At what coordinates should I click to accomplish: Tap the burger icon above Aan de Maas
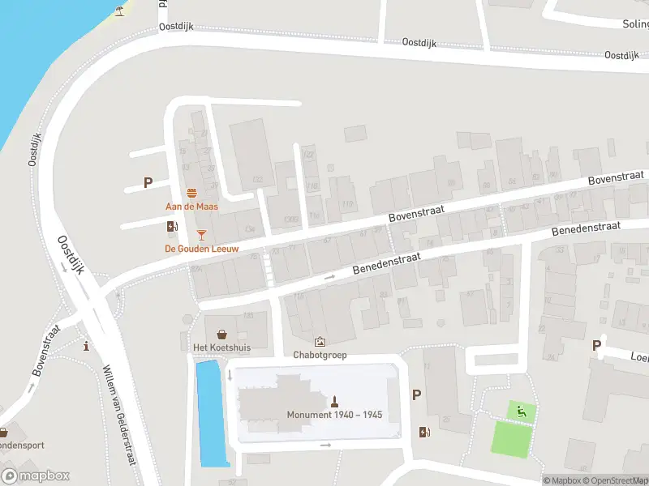click(192, 193)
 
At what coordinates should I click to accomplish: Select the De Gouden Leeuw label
click(202, 249)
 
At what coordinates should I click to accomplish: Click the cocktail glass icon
click(201, 235)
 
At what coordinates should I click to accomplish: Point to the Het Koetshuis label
click(221, 347)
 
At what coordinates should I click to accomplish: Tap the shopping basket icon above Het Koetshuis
click(221, 334)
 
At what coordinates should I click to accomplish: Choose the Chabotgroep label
click(320, 354)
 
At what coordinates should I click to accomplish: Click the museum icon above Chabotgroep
click(320, 342)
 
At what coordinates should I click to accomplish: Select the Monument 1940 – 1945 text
click(334, 415)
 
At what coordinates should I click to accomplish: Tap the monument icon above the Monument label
click(333, 401)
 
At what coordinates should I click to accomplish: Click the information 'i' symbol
click(87, 347)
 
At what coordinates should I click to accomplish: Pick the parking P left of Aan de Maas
click(148, 183)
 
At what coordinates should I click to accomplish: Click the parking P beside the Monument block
click(417, 394)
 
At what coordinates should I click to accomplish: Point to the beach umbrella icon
click(120, 11)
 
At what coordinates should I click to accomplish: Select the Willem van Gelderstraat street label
click(118, 414)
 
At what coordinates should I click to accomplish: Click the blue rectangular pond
click(211, 413)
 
